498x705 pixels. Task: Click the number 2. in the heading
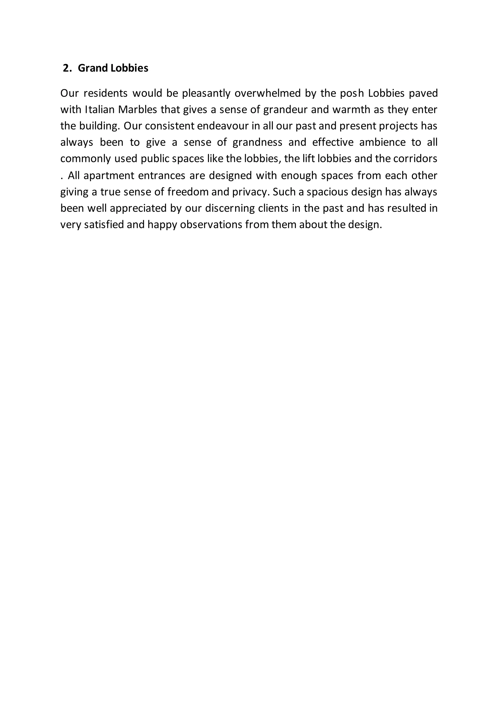(67, 68)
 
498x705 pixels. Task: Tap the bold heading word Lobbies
(129, 68)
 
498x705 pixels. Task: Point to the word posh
(351, 93)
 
